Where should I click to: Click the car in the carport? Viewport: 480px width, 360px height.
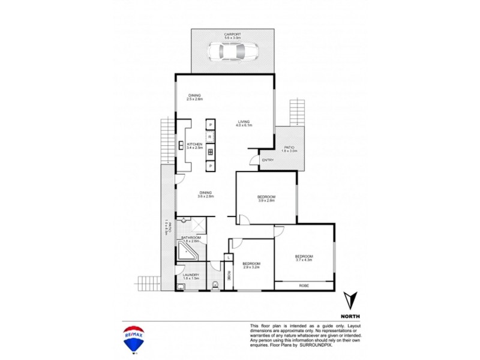click(x=232, y=52)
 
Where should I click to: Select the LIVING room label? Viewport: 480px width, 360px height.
click(x=244, y=121)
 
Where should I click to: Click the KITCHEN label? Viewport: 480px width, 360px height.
click(x=194, y=144)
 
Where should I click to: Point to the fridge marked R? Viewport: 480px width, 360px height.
click(x=211, y=137)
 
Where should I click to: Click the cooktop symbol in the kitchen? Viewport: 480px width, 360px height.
click(x=211, y=151)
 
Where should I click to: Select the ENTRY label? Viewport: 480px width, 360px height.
click(x=268, y=160)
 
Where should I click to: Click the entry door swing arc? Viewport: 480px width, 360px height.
click(x=253, y=159)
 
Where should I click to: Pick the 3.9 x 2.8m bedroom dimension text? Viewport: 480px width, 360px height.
click(x=266, y=201)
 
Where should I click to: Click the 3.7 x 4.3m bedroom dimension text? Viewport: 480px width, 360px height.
click(x=304, y=260)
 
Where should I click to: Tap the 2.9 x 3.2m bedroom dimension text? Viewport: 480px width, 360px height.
click(x=251, y=268)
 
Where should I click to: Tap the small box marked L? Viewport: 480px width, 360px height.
click(x=228, y=257)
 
